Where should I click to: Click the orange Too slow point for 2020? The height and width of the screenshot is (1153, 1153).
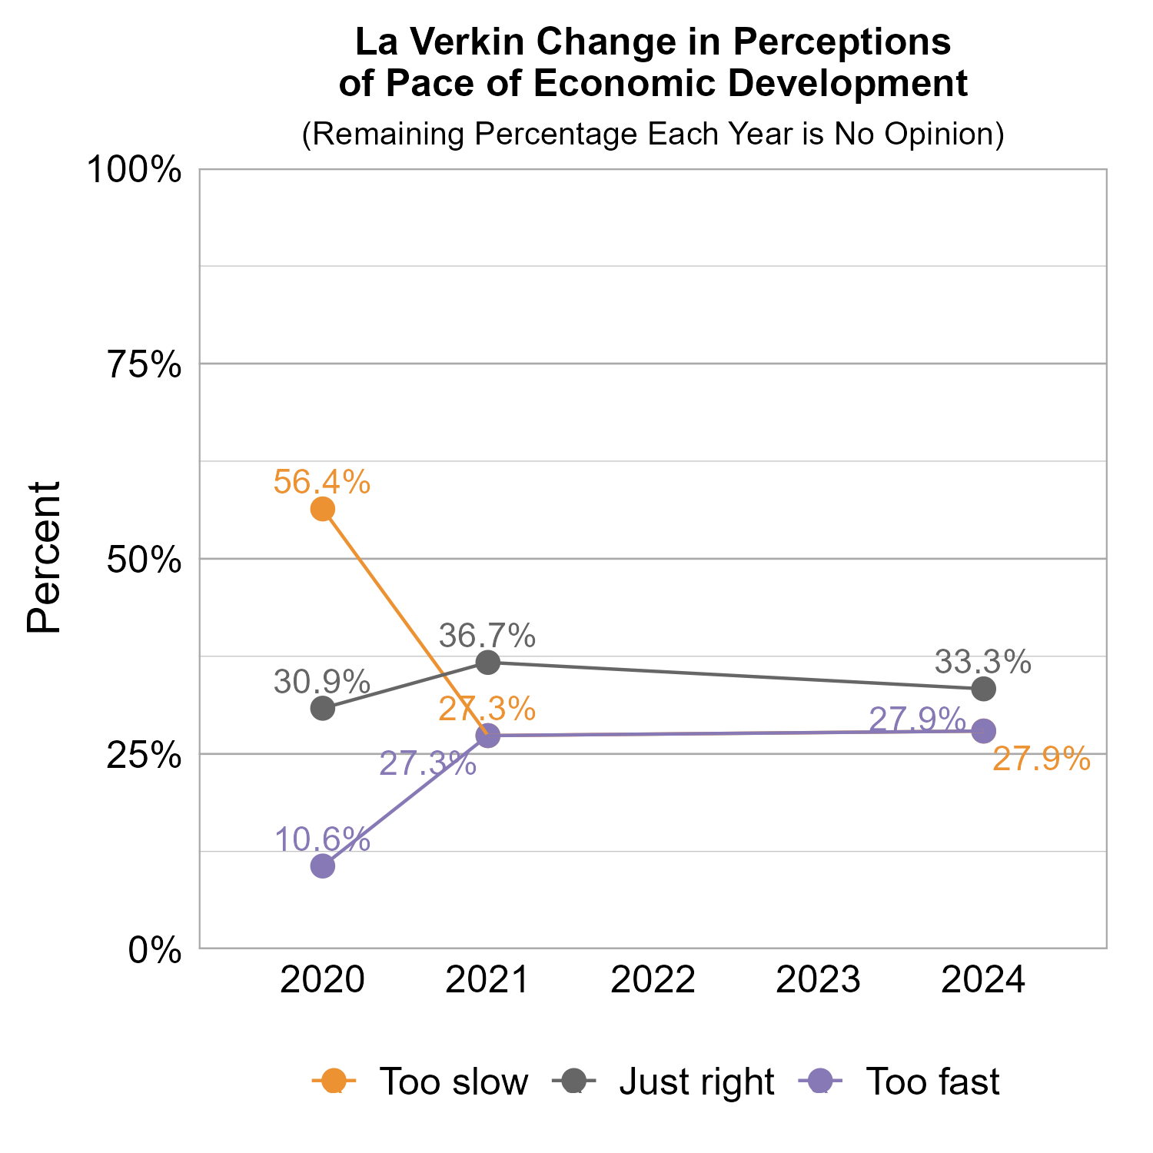(x=323, y=509)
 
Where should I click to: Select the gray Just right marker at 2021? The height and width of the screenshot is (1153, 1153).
(x=488, y=662)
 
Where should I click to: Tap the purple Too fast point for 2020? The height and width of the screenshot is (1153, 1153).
(x=323, y=866)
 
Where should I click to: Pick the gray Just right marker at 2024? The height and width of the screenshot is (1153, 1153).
(x=984, y=689)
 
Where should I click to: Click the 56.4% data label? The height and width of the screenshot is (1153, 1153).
(x=322, y=483)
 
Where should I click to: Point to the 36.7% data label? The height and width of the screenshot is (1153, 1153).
(x=487, y=636)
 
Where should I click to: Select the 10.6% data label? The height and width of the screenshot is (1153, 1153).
(x=322, y=839)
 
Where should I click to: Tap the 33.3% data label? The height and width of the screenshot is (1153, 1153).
(x=983, y=662)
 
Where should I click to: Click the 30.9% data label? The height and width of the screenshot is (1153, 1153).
(x=322, y=682)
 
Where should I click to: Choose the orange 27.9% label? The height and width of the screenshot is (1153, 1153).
(x=1042, y=759)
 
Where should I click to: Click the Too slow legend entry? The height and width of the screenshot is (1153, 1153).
(x=421, y=1082)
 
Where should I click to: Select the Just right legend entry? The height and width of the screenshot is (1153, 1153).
(x=665, y=1082)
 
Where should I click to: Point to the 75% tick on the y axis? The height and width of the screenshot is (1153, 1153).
(x=144, y=365)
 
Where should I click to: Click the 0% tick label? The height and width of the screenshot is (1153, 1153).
(x=155, y=950)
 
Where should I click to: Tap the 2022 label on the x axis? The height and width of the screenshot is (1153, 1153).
(x=653, y=981)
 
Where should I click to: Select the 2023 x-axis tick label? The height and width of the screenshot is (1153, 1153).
(x=819, y=981)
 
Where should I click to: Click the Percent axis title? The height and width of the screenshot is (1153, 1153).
(x=44, y=558)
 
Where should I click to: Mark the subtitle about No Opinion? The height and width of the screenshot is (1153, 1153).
(x=653, y=134)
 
